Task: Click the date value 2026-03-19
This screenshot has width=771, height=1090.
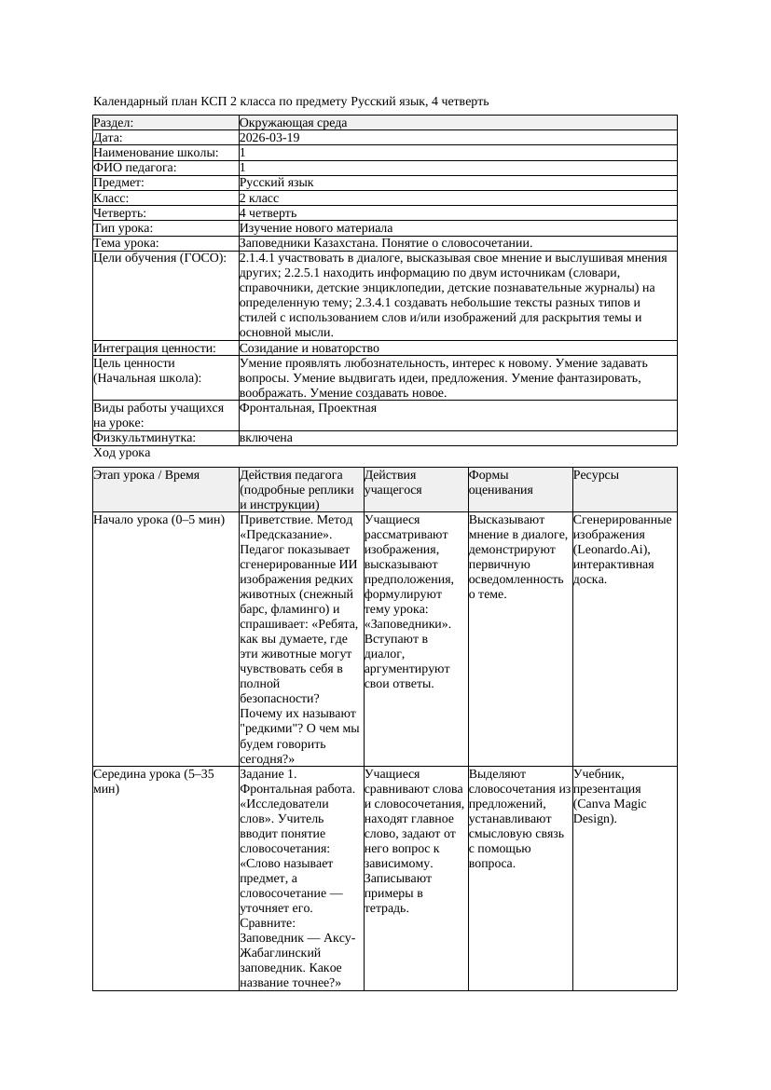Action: (269, 137)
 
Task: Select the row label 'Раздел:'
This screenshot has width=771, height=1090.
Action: (114, 122)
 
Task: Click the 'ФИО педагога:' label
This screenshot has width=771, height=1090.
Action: (135, 168)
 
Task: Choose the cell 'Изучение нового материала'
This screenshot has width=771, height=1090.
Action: (316, 227)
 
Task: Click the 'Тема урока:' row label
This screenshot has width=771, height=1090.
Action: (126, 242)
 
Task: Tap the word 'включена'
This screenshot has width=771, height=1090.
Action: (266, 437)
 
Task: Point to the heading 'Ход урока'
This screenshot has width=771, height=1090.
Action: (121, 452)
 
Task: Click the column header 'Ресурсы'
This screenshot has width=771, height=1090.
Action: (596, 475)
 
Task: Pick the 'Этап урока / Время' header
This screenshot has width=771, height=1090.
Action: (146, 475)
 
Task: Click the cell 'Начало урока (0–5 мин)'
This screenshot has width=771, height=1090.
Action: (159, 520)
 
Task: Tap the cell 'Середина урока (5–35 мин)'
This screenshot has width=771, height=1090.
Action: (154, 781)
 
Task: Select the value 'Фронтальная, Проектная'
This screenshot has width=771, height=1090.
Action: (308, 408)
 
